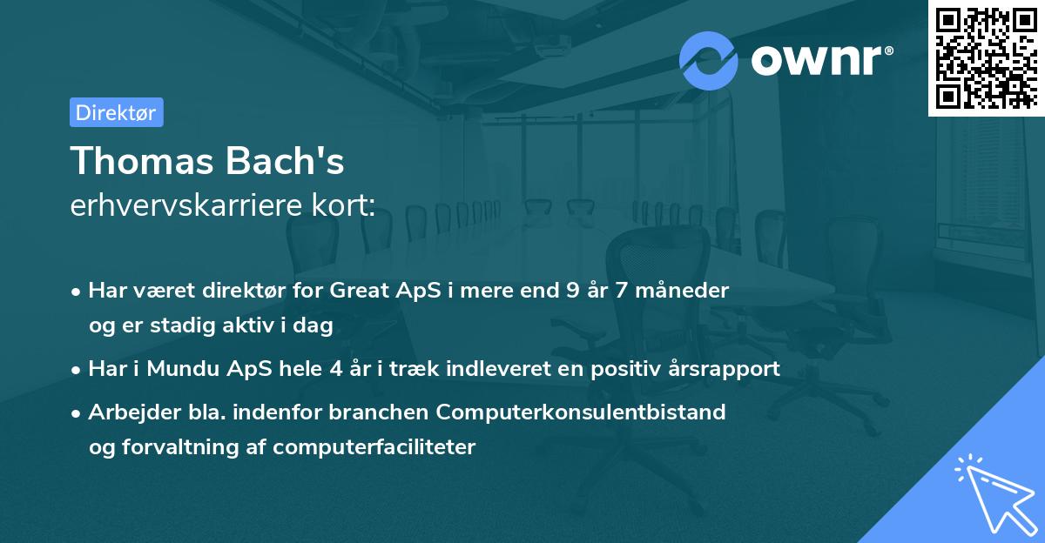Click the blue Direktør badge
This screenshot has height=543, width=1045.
(x=116, y=112)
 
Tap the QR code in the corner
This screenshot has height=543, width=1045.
(x=985, y=57)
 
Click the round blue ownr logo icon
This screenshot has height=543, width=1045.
(x=709, y=59)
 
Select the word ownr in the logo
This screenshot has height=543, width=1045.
(x=819, y=59)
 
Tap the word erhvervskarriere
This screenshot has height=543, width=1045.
(x=187, y=206)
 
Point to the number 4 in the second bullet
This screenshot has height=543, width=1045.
(x=335, y=368)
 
